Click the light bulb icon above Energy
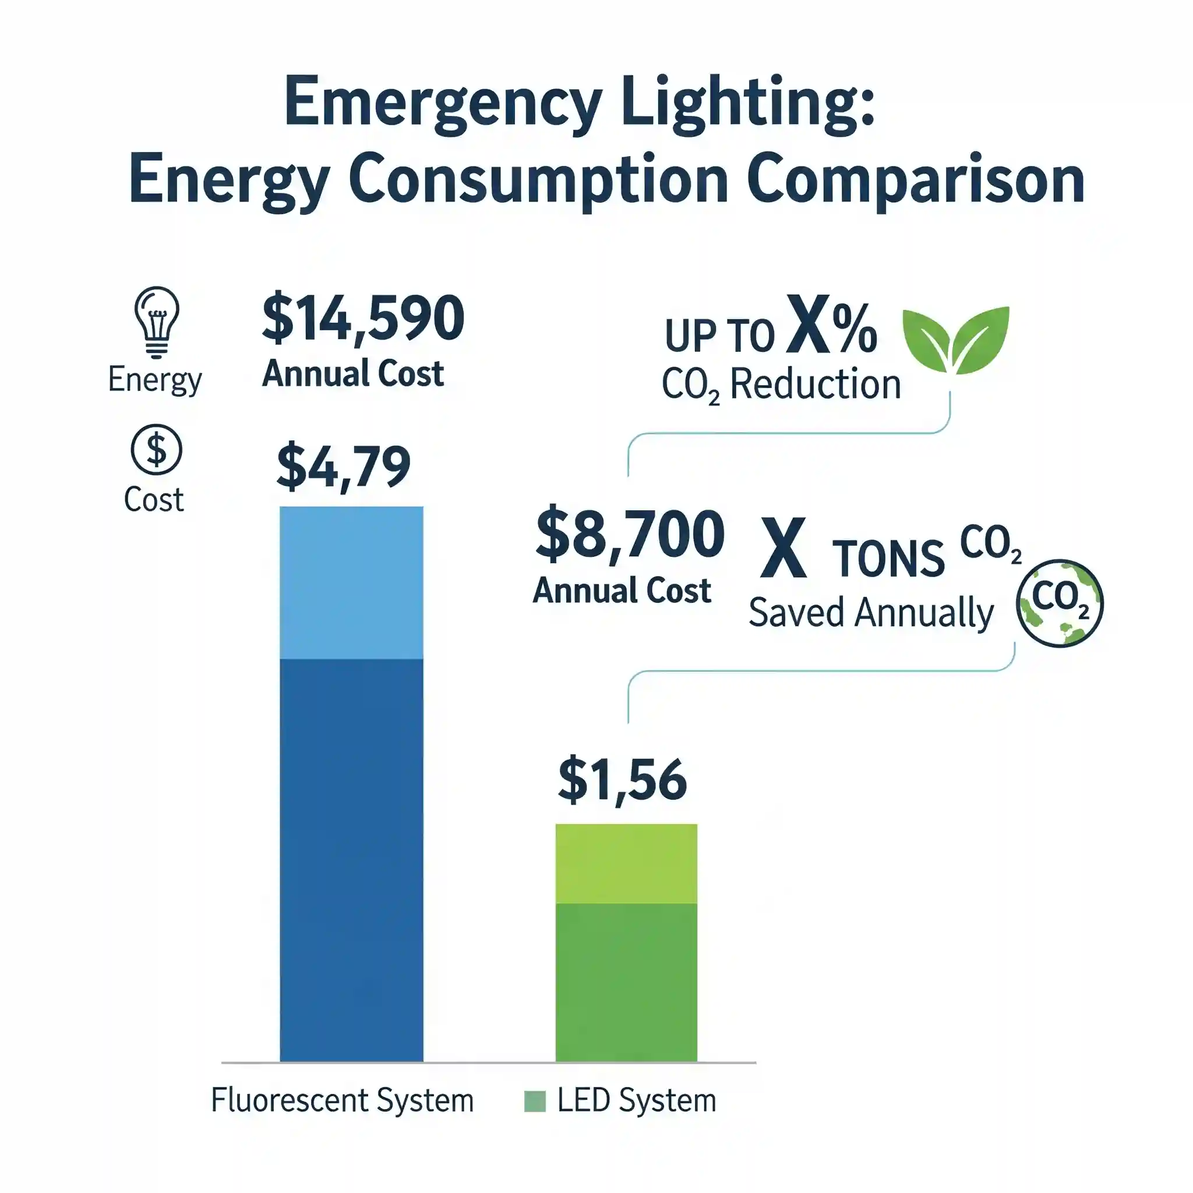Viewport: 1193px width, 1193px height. tap(156, 321)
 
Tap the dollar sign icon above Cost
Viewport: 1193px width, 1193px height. tap(156, 449)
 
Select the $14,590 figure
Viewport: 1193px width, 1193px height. tap(363, 319)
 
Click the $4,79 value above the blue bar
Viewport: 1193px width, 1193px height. tap(343, 467)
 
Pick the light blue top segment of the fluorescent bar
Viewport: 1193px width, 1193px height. tap(351, 583)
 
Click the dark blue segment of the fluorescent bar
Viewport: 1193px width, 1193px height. tap(351, 858)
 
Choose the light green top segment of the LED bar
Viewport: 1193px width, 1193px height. tap(626, 863)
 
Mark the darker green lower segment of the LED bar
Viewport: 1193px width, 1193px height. tap(626, 982)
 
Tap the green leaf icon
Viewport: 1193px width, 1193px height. tap(955, 340)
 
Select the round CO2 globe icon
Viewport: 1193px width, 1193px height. tap(1060, 603)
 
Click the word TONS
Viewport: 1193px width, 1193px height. tap(888, 559)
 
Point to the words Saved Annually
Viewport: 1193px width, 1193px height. tap(871, 613)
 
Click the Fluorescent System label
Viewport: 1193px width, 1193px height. tap(341, 1100)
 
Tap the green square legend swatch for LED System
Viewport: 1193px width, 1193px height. tap(534, 1101)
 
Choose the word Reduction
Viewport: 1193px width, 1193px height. tap(815, 384)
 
